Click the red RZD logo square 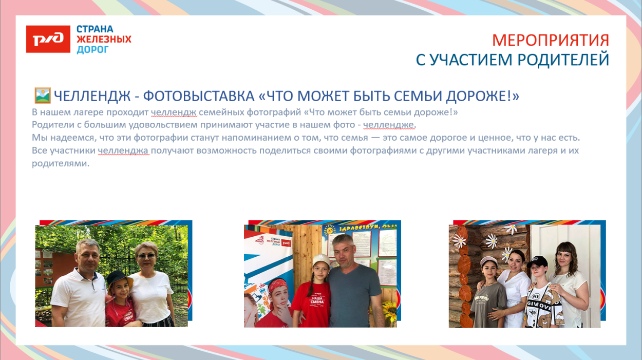[48, 39]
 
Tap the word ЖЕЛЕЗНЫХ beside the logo [104, 39]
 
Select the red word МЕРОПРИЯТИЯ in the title [550, 40]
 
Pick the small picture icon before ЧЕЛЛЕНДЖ [42, 95]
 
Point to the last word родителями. [61, 164]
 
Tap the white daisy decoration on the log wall [492, 239]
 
